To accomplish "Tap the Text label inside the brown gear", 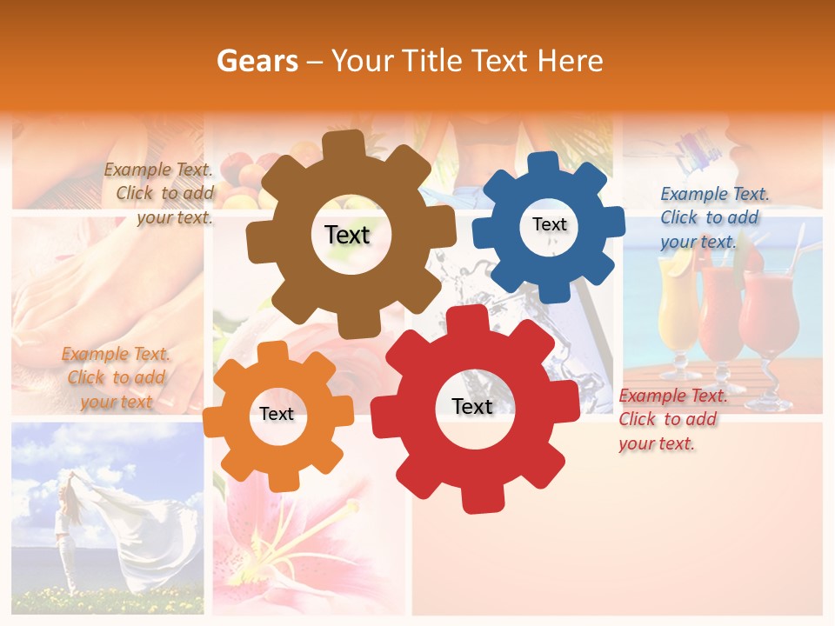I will coord(347,235).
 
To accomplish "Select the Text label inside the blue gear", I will coord(549,224).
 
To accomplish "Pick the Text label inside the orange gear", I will coord(277,414).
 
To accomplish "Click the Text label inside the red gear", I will coord(472,406).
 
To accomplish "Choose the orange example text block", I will coord(116,377).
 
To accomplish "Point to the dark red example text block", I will coord(670,419).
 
